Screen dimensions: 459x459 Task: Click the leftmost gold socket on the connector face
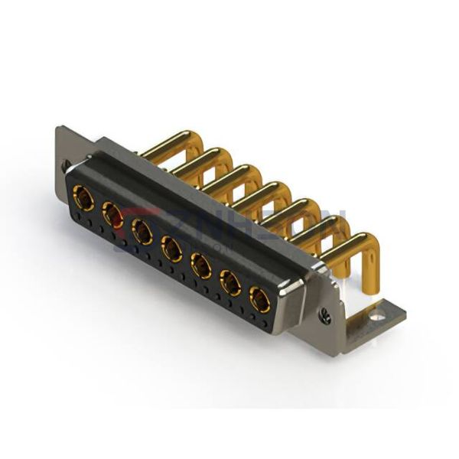point(83,201)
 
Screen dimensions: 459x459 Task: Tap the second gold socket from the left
point(112,216)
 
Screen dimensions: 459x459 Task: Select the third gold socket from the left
point(142,231)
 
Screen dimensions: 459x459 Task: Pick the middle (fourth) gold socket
point(171,247)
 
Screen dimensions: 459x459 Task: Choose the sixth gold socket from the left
point(230,282)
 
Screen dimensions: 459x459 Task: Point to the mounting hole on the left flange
point(67,165)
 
